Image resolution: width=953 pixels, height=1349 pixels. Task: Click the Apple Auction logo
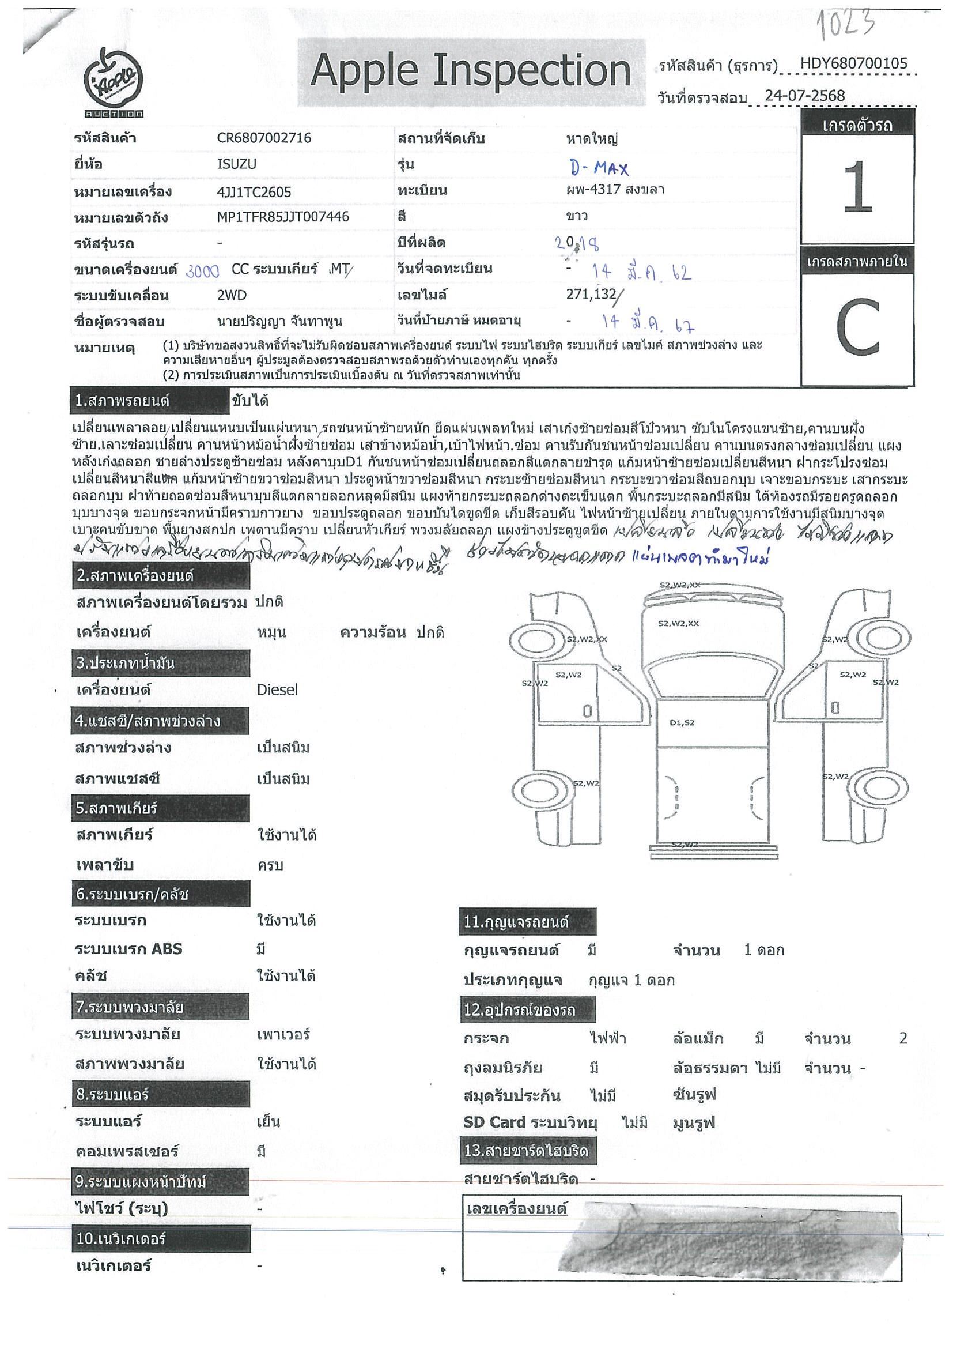(114, 82)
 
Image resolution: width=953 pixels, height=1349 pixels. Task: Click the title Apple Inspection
(470, 71)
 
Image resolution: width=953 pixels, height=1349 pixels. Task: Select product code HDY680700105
(854, 63)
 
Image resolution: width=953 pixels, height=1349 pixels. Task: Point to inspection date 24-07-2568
(804, 95)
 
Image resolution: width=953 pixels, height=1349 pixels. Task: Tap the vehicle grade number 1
(857, 187)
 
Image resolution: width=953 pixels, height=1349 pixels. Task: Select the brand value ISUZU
(237, 164)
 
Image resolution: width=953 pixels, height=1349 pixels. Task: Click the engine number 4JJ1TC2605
(254, 191)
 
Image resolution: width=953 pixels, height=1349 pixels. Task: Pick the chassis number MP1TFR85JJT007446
(283, 217)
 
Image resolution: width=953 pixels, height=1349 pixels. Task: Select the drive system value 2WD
(232, 295)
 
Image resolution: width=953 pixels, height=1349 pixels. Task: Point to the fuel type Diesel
(277, 689)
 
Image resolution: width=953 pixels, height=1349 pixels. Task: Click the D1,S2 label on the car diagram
(682, 723)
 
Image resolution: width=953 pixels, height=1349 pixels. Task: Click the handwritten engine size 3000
(203, 271)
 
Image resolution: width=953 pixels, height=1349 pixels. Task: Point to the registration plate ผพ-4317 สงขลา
(615, 189)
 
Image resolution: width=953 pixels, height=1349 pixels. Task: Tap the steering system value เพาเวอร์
(283, 1034)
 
